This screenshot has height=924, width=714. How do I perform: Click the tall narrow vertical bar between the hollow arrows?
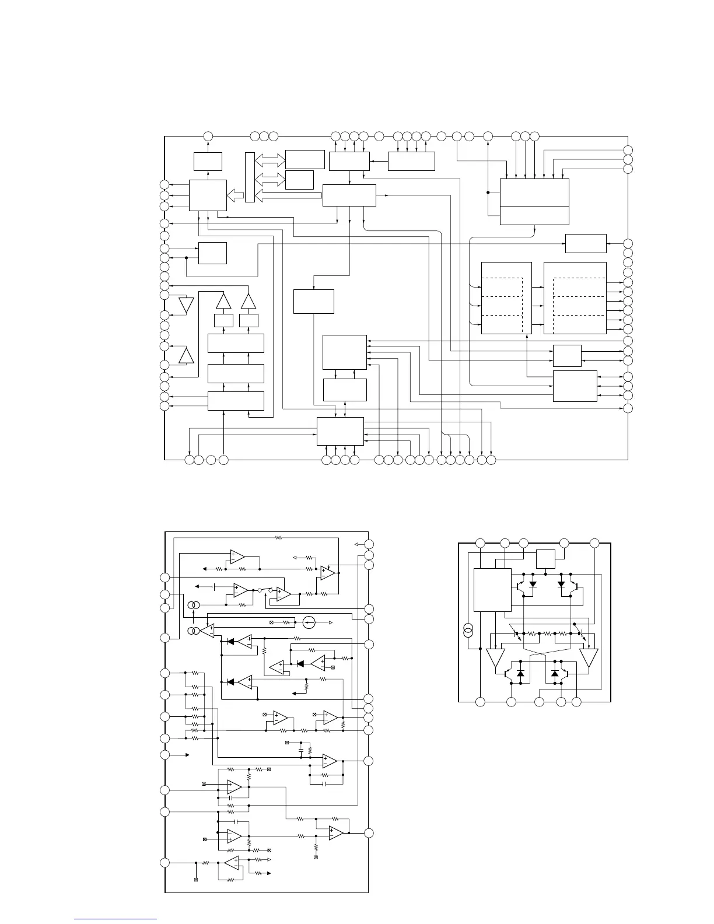click(250, 177)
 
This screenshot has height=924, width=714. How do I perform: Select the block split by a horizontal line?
click(534, 202)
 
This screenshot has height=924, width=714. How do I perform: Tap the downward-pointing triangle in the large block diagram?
click(186, 305)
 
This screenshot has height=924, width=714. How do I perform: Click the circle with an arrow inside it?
click(309, 622)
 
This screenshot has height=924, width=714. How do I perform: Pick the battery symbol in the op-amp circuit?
click(214, 586)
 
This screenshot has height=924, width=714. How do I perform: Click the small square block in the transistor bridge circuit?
click(545, 559)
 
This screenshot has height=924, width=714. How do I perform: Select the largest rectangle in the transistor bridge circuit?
click(492, 590)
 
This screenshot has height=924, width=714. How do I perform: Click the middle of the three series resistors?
click(547, 633)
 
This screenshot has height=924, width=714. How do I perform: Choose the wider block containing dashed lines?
click(575, 298)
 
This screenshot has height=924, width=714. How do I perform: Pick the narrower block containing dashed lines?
click(506, 298)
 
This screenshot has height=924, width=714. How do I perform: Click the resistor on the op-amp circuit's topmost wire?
click(278, 537)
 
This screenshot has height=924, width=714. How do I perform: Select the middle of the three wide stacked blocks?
click(236, 373)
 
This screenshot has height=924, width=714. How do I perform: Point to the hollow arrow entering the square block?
click(236, 194)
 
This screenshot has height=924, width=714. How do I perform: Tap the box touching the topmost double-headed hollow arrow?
click(304, 159)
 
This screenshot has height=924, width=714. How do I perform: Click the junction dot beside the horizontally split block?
click(488, 192)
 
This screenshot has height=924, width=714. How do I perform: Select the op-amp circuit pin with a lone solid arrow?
click(166, 755)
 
